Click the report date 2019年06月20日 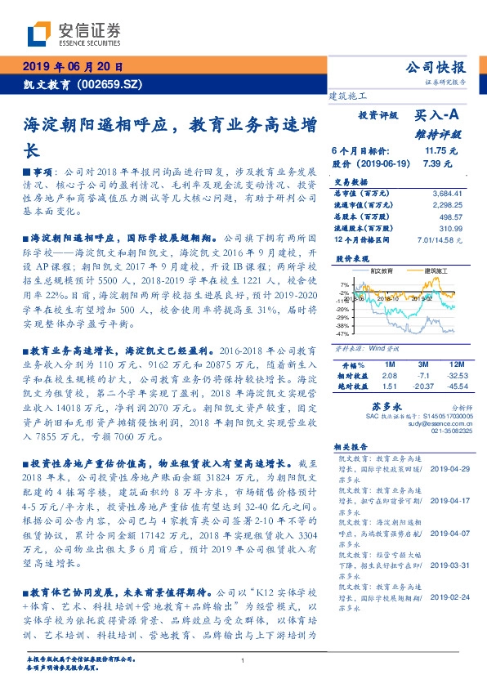(72, 68)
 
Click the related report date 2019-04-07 (447, 532)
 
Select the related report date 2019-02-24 (447, 597)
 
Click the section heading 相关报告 (352, 447)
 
